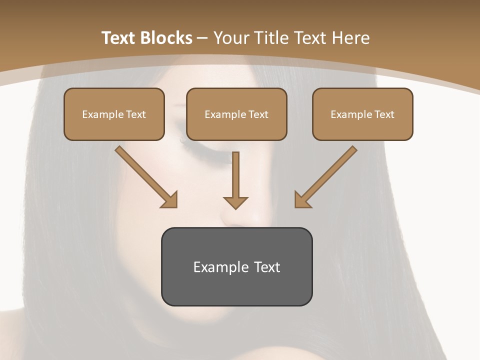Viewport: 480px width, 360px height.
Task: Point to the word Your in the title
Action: point(231,38)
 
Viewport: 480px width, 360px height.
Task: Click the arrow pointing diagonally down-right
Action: point(145,176)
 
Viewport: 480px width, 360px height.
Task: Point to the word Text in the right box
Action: point(384,114)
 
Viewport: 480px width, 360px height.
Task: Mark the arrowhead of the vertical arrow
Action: point(235,202)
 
